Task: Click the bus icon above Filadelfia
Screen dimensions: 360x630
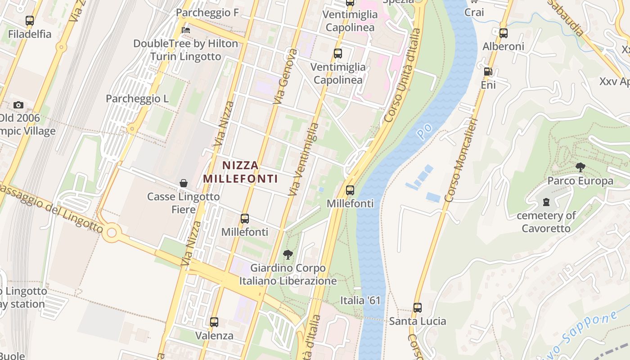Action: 30,21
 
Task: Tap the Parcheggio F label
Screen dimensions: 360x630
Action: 207,13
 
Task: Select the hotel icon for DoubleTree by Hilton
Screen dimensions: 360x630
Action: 186,30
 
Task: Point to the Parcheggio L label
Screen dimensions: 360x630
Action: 137,99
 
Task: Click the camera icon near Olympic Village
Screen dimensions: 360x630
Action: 18,105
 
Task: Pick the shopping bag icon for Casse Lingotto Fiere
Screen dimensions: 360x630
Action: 184,183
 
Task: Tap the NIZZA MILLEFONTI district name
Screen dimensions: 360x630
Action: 240,172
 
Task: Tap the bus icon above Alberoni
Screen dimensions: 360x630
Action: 504,33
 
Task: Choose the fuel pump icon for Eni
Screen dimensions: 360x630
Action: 488,72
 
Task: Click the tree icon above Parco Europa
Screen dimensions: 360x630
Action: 580,167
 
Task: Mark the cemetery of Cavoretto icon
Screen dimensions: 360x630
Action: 546,202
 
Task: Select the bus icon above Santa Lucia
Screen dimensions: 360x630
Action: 418,308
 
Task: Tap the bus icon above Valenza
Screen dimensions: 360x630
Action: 214,322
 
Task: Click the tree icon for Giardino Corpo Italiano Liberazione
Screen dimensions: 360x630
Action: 288,255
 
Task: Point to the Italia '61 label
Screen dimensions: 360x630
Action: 360,300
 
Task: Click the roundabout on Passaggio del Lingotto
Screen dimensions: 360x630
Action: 111,233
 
